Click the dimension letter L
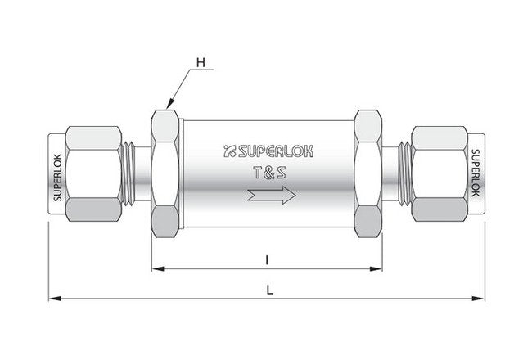point(267,289)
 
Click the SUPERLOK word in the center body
point(273,150)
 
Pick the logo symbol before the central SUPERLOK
point(229,150)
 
